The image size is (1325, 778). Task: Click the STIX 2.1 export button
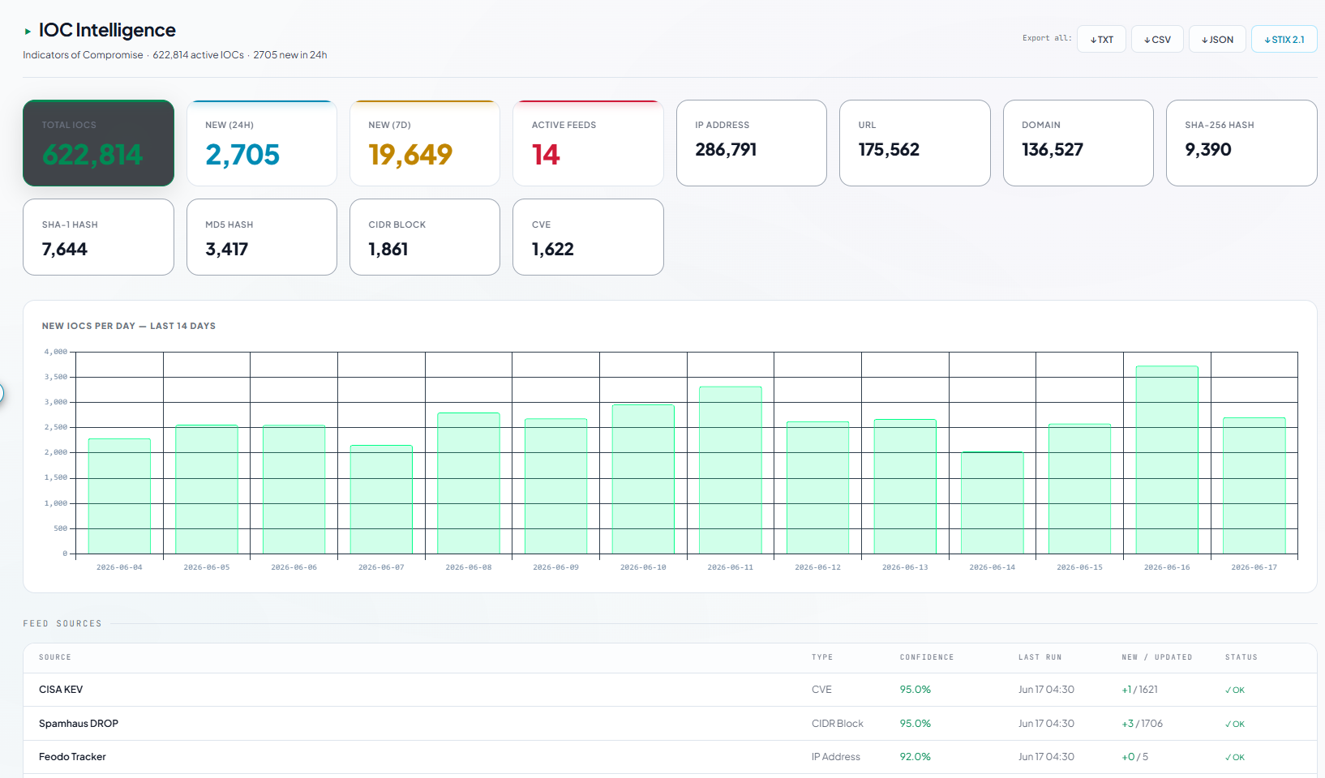point(1284,39)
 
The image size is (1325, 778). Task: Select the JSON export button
point(1217,39)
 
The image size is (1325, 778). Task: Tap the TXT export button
point(1101,39)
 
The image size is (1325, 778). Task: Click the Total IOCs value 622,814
point(92,154)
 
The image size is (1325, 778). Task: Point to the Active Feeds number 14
point(546,154)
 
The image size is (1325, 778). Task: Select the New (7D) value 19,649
point(410,154)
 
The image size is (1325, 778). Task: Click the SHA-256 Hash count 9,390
point(1208,149)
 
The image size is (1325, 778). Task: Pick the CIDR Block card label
point(397,224)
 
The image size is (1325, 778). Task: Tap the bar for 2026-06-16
point(1167,460)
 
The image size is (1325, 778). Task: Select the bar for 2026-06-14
point(992,503)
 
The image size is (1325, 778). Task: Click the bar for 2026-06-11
point(731,470)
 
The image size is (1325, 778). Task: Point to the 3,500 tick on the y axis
point(56,377)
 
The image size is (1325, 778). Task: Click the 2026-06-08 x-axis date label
point(469,567)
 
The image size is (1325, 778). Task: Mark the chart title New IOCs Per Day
point(128,326)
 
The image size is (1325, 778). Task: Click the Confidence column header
point(927,656)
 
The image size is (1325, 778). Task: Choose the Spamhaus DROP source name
point(79,723)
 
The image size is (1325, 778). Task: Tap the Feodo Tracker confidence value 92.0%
point(915,756)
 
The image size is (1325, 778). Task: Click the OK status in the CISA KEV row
point(1234,690)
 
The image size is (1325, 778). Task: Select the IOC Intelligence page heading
point(107,29)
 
